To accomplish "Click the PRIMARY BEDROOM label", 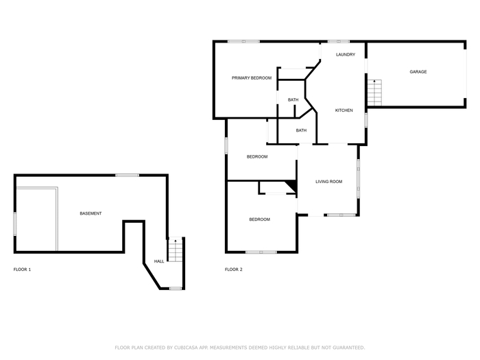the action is click(252, 78).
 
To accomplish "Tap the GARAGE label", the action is click(418, 71).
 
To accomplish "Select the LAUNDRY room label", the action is click(346, 54).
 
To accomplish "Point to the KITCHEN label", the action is click(344, 110).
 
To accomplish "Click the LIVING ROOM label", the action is click(328, 182).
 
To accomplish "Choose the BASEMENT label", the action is click(91, 213).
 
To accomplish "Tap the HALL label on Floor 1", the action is click(159, 261).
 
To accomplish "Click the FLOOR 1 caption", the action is click(22, 269).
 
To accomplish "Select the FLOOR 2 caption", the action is click(234, 269).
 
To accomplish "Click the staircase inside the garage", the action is click(374, 93).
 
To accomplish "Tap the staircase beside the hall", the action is click(176, 250).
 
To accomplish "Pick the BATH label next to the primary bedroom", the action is click(293, 100).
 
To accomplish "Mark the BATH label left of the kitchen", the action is click(301, 130).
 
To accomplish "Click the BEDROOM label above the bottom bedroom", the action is click(257, 157).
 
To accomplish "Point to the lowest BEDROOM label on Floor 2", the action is click(260, 219).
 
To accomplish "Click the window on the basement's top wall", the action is click(127, 176).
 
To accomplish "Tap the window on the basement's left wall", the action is click(14, 224).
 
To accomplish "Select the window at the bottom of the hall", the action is click(176, 288).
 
